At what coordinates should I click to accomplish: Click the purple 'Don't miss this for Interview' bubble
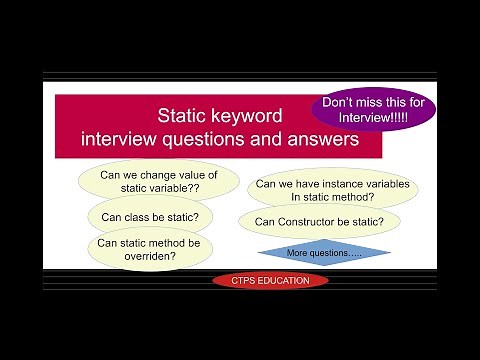click(x=373, y=109)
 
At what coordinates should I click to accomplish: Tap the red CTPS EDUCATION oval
click(x=270, y=280)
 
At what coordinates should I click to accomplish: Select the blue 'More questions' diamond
click(x=324, y=253)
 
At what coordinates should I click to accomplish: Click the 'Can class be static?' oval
click(x=150, y=216)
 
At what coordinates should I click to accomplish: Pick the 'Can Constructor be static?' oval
click(x=312, y=221)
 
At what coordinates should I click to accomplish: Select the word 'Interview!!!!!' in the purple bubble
click(x=373, y=119)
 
